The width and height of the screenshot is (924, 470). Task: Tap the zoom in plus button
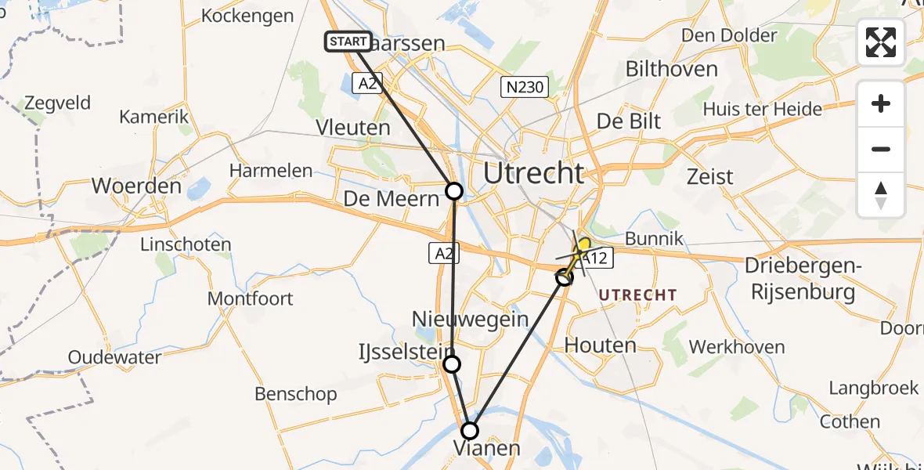click(x=881, y=104)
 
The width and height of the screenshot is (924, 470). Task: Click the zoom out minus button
click(x=881, y=149)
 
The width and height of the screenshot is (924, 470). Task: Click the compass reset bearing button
click(x=881, y=195)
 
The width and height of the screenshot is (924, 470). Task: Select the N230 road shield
click(x=524, y=87)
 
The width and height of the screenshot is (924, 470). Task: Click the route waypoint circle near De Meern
click(x=454, y=190)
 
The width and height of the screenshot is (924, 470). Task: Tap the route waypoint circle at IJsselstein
click(x=452, y=363)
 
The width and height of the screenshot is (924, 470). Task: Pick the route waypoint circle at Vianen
click(x=469, y=430)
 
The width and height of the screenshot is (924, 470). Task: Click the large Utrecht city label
click(x=534, y=173)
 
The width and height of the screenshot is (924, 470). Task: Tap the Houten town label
click(x=600, y=345)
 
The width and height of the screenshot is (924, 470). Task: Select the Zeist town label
click(x=709, y=175)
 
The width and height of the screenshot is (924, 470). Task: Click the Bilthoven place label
click(x=671, y=69)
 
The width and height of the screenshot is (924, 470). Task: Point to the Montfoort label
click(x=250, y=298)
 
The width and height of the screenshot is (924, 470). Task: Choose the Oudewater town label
click(x=114, y=357)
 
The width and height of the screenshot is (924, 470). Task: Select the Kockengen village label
click(x=247, y=16)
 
